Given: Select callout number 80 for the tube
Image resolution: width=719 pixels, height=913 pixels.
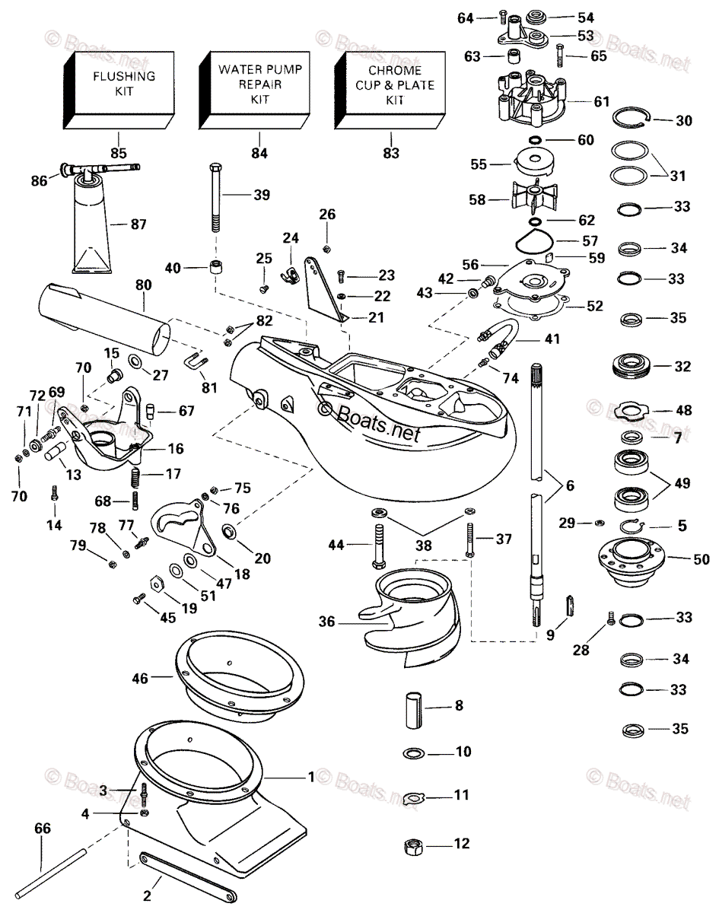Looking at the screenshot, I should [x=143, y=285].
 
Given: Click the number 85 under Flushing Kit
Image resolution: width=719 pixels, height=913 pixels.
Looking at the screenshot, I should [x=118, y=152].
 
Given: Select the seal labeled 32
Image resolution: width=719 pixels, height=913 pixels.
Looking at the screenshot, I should [x=635, y=367].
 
